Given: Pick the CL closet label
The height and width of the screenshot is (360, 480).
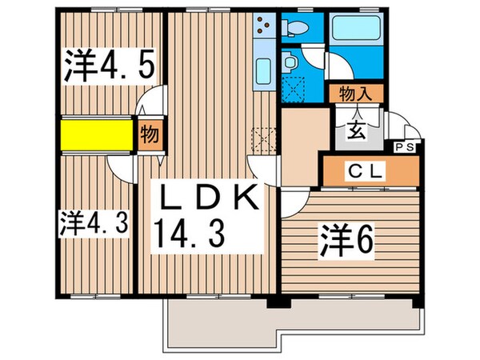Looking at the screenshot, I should [x=368, y=170].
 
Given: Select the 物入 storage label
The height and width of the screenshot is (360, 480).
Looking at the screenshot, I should [x=354, y=93].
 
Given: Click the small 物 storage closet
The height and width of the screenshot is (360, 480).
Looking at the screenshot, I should [x=148, y=134].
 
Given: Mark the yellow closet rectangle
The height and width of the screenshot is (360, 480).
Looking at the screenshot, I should [x=94, y=134].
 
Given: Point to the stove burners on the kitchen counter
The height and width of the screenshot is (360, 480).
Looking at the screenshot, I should [x=263, y=30].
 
